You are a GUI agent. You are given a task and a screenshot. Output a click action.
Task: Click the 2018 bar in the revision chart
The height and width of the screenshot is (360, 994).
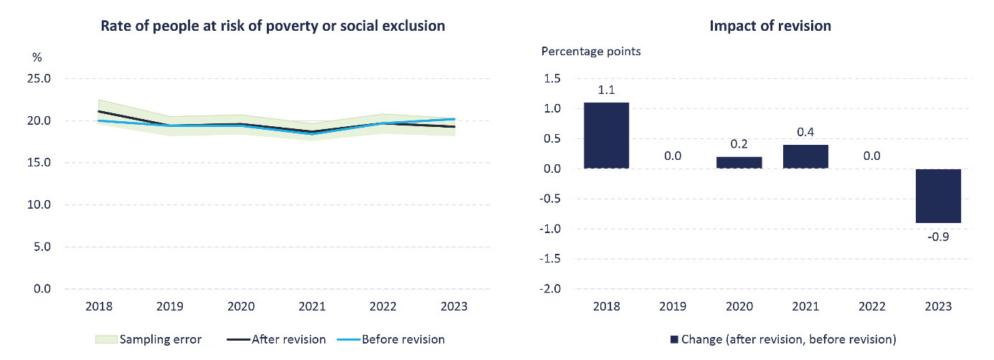(606, 136)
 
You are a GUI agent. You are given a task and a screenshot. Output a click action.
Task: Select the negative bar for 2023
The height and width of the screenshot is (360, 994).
(938, 196)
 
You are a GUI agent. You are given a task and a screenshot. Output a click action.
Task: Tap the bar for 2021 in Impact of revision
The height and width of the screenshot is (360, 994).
(805, 156)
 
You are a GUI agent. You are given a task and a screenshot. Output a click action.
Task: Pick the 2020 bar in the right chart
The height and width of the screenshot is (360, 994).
(739, 162)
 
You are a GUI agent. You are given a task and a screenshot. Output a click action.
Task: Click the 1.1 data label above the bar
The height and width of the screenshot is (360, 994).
(606, 90)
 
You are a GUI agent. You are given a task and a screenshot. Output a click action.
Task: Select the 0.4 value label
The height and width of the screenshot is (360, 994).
(805, 133)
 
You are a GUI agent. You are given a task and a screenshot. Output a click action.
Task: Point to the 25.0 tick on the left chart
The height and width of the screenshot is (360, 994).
(39, 78)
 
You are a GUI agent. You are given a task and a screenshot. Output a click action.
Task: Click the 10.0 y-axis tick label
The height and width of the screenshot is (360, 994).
(39, 204)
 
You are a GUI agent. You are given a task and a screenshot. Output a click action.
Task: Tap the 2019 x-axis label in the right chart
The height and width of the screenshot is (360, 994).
(673, 306)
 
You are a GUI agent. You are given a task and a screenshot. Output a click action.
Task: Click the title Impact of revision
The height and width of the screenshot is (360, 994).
(770, 26)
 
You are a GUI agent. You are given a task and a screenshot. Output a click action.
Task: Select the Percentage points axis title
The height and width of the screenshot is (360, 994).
(591, 51)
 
